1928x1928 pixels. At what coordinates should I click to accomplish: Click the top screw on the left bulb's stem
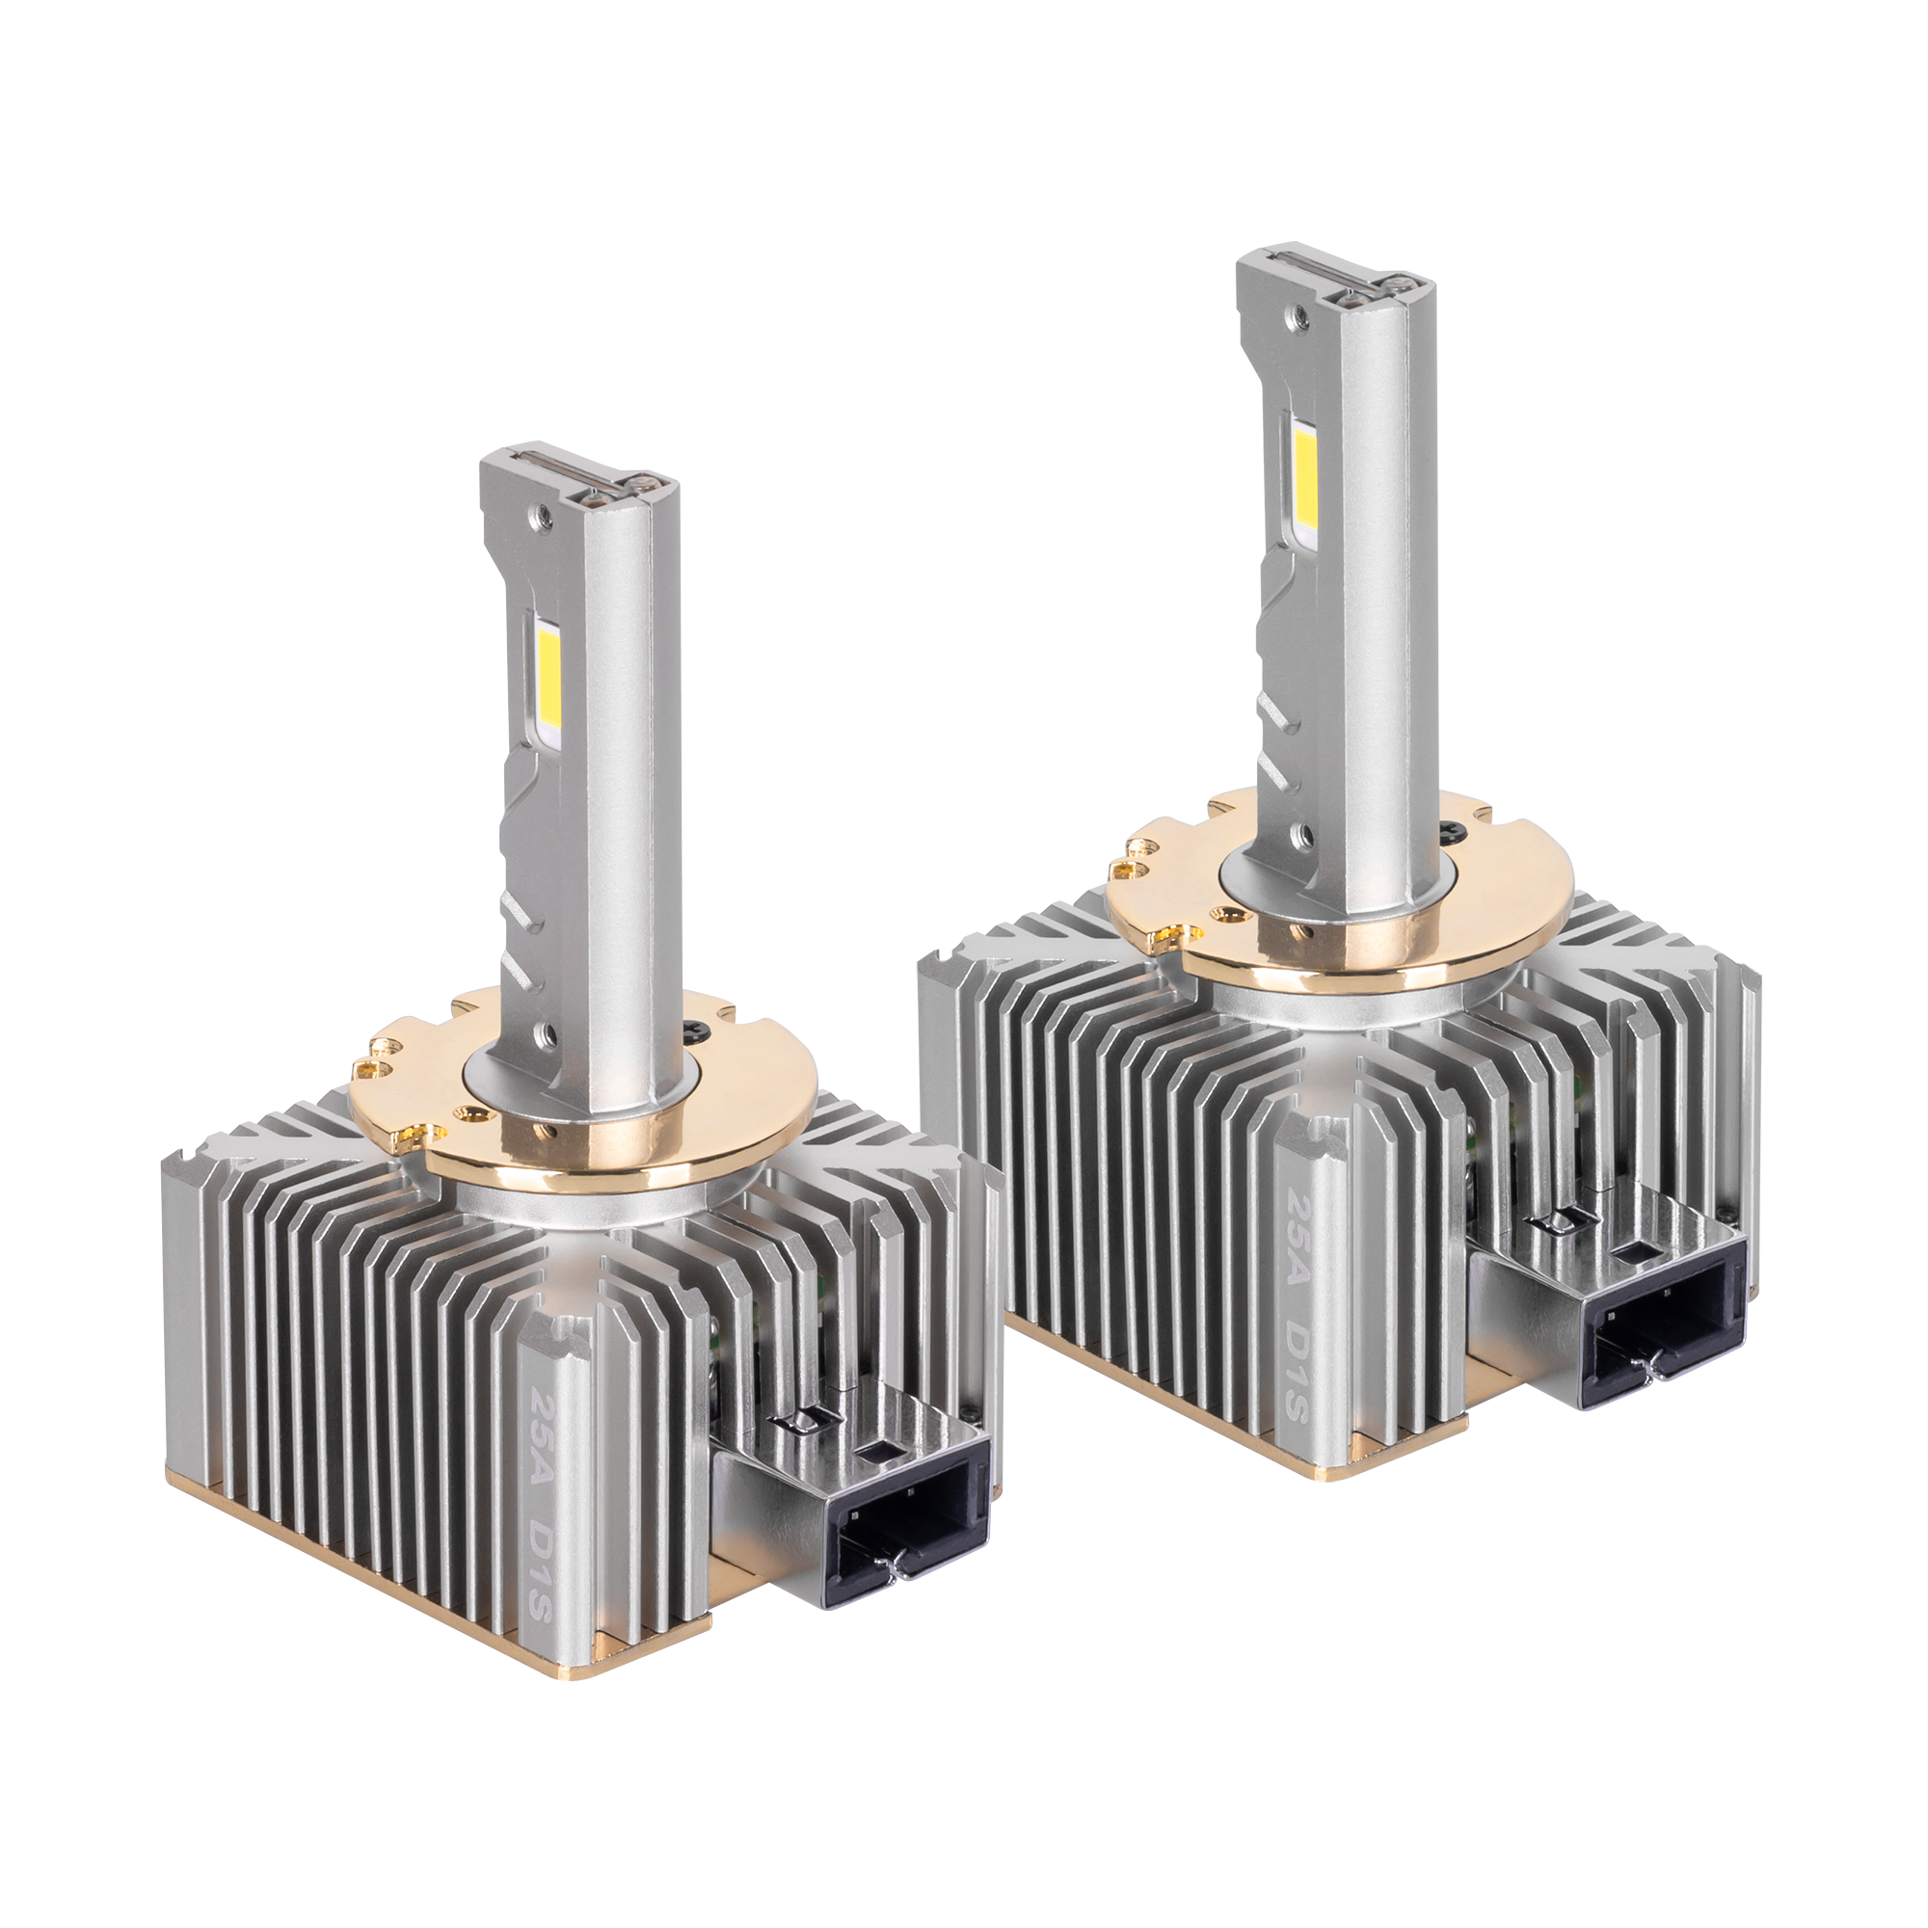pos(543,515)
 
